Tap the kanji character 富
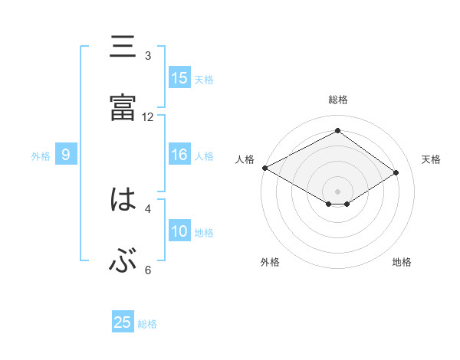[123, 108]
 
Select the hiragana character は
[123, 200]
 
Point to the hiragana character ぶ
[123, 262]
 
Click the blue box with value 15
[179, 78]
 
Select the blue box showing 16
[179, 155]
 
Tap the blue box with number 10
[179, 231]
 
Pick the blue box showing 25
[123, 322]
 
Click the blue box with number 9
[66, 155]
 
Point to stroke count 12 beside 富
[148, 116]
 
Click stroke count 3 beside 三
[148, 56]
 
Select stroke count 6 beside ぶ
[148, 270]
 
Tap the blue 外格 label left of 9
[41, 156]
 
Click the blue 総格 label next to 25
[147, 324]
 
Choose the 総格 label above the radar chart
[337, 100]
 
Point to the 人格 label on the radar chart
[245, 159]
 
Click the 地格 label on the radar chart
[402, 262]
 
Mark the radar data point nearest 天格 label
[396, 173]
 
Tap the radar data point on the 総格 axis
[337, 131]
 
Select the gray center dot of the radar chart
[337, 191]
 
